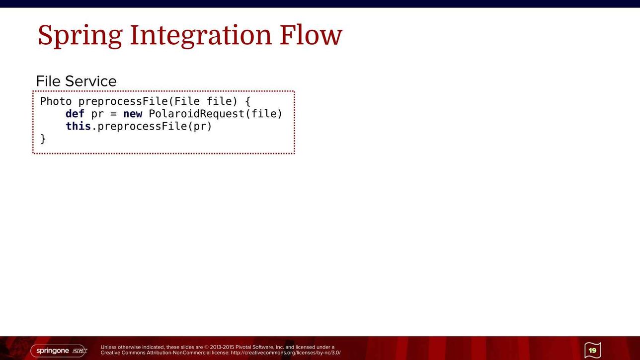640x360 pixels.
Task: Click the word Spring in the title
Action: [x=80, y=36]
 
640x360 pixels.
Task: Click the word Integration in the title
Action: [x=201, y=36]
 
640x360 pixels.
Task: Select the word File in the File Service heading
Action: [x=48, y=81]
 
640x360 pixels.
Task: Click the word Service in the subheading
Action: [x=91, y=81]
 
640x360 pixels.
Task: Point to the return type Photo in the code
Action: [x=56, y=101]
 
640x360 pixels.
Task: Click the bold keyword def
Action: [x=75, y=114]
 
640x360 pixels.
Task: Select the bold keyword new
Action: [x=133, y=114]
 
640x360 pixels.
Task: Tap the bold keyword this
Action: [x=78, y=126]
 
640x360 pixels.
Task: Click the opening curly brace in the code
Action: [x=248, y=102]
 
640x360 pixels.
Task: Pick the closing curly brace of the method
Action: [x=43, y=139]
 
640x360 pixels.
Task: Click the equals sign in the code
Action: [x=113, y=114]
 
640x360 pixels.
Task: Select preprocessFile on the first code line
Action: [x=123, y=102]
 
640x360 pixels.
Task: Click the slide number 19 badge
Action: [x=593, y=350]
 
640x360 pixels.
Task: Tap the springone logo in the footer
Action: [x=59, y=351]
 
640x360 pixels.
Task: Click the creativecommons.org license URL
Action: [x=285, y=353]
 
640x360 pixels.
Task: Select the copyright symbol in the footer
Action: [x=207, y=348]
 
